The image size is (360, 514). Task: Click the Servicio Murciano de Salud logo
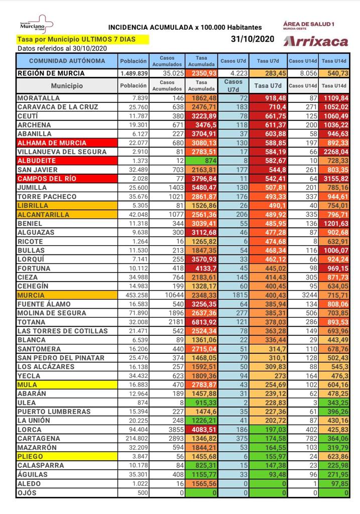[35, 25]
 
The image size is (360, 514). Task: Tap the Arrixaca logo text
[315, 41]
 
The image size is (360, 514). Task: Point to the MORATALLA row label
[39, 98]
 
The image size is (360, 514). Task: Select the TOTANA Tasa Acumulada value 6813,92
[201, 322]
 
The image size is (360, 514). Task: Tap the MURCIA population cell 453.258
[134, 296]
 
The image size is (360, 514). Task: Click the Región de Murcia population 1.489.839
[134, 73]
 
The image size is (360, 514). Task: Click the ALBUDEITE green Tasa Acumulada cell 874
[201, 161]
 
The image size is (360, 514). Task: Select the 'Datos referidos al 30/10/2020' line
[62, 49]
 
